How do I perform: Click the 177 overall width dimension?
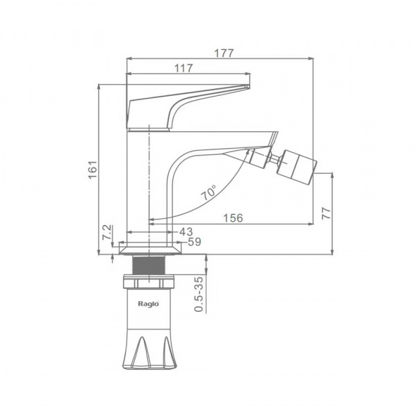coord(224,54)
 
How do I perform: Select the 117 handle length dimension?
coord(183,68)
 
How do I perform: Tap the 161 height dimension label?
coord(92,170)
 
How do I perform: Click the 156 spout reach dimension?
coord(233,218)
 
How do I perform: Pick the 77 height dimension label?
coord(327,213)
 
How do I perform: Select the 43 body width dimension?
coord(186,231)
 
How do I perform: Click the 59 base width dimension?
coord(195,242)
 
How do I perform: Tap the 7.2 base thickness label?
coord(106,232)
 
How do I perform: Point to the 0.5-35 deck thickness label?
coord(199,294)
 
